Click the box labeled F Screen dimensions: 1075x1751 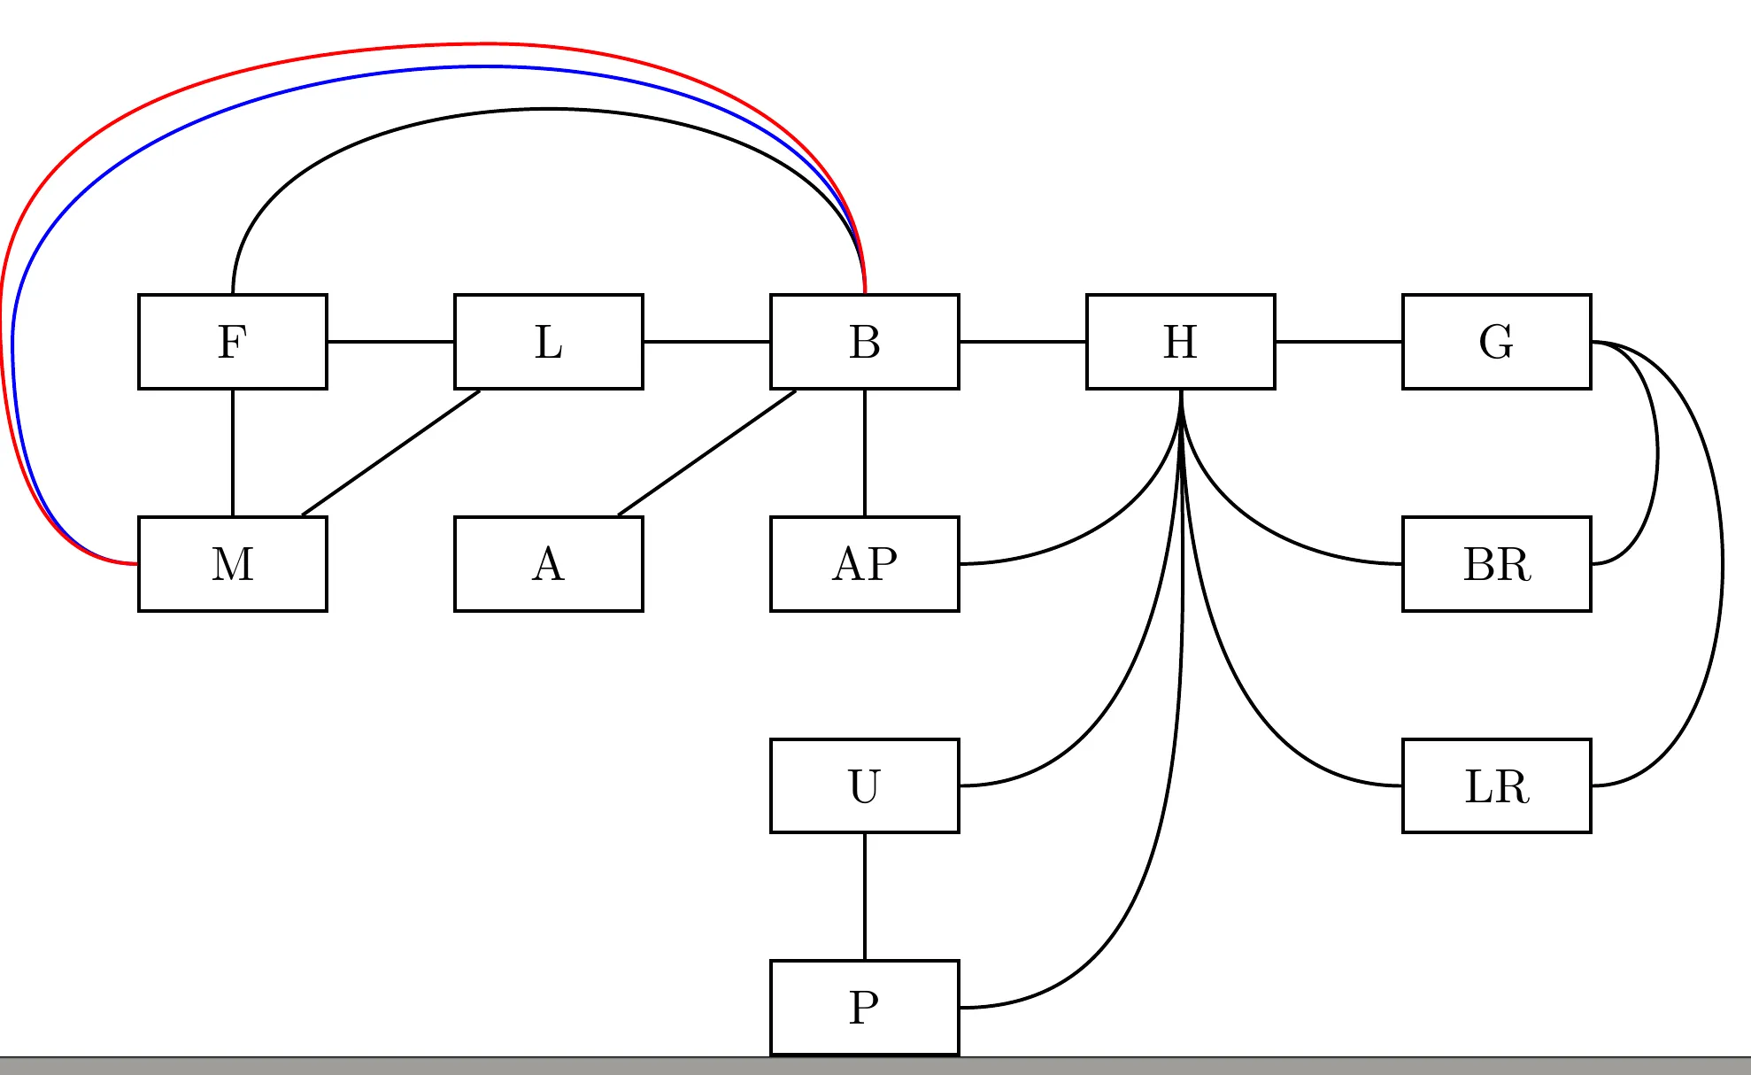pos(233,342)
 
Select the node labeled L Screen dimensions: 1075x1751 pos(549,342)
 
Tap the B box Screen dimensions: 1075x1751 pos(865,342)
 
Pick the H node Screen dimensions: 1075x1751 pos(1181,342)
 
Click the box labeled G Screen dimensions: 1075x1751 pos(1497,342)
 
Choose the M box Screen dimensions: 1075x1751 pos(233,564)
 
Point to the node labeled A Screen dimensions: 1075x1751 pos(549,564)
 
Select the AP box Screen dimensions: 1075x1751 pos(865,564)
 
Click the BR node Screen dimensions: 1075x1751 pos(1497,564)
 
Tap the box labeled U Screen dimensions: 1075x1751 pos(865,785)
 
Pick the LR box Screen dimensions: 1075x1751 pos(1497,785)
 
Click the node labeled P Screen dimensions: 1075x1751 pos(865,1008)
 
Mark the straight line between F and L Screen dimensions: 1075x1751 pos(390,342)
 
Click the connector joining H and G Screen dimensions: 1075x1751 pos(1338,342)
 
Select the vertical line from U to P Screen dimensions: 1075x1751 pos(865,896)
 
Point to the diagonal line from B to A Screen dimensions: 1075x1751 pos(706,452)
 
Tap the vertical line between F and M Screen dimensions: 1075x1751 pos(233,452)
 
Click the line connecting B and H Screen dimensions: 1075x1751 pos(1022,342)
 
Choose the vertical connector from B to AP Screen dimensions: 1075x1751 pos(865,452)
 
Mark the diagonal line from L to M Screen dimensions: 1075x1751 pos(390,452)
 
